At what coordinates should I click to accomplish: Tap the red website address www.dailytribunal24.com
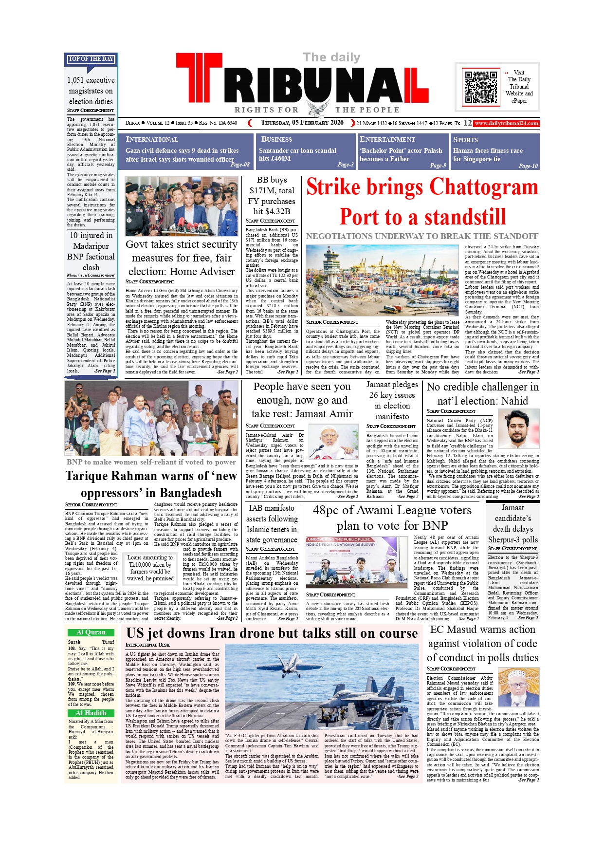click(506, 123)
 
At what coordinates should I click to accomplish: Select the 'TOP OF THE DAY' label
click(91, 59)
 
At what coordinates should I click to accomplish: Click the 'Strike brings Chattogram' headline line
click(422, 187)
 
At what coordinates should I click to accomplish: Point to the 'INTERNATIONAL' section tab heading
click(152, 139)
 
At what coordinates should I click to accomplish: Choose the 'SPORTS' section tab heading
click(465, 139)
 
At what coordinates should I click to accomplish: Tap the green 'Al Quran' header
click(91, 632)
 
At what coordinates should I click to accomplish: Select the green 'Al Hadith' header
click(91, 713)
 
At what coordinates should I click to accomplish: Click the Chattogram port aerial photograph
click(382, 280)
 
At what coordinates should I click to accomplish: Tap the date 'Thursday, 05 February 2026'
click(302, 123)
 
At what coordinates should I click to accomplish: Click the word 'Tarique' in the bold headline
click(88, 476)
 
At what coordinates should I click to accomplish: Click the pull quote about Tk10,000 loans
click(150, 568)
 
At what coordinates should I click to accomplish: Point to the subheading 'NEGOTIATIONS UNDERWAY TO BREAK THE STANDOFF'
click(422, 236)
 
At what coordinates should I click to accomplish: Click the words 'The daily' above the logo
click(331, 57)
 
